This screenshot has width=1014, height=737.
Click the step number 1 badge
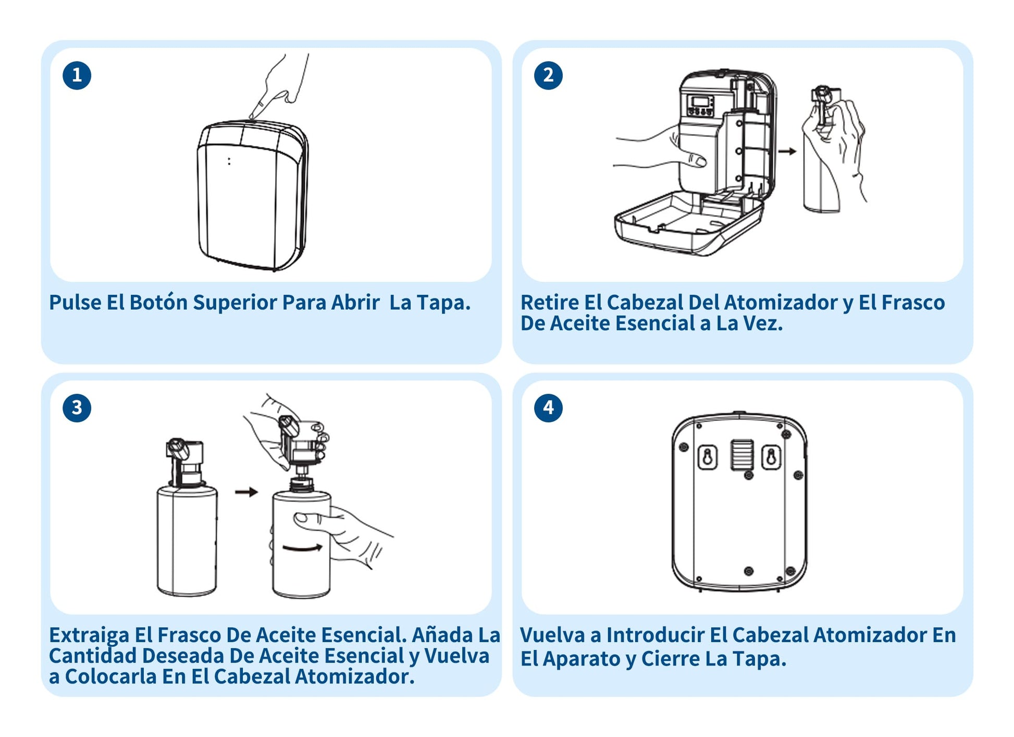tap(77, 75)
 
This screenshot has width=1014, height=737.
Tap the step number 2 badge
tap(548, 75)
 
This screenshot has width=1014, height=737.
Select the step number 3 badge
tap(77, 407)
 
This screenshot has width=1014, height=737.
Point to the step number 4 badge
tap(548, 407)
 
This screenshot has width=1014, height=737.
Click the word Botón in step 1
tap(158, 302)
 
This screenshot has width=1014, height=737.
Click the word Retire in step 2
tap(550, 302)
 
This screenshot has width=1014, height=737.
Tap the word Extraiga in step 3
tap(89, 636)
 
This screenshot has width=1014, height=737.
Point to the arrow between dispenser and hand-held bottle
tap(787, 151)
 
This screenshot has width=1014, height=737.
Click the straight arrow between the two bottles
tap(246, 492)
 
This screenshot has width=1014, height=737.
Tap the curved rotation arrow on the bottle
tap(303, 547)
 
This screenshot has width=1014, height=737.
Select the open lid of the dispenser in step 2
tap(688, 222)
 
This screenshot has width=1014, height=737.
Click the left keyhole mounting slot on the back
tap(708, 457)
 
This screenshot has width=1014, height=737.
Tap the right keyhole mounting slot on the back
tap(772, 457)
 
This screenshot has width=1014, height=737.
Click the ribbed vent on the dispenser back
tap(741, 454)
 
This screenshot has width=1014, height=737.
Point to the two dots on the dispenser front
tap(229, 161)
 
